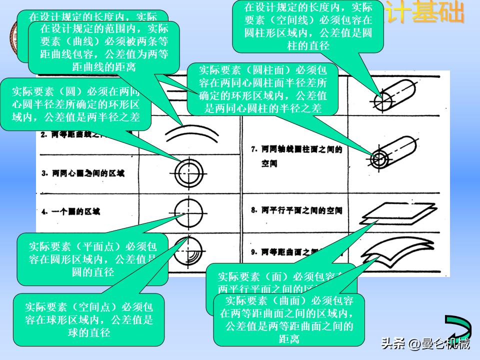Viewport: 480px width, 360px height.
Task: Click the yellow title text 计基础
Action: (x=425, y=14)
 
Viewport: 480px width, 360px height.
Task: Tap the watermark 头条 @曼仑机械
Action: (x=425, y=344)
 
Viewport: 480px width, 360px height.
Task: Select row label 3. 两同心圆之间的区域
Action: (x=82, y=173)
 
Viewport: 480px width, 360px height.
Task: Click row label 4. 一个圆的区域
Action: (x=70, y=211)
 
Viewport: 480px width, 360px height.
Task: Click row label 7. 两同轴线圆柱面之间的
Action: (x=296, y=149)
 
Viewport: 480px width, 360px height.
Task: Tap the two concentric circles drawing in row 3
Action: (x=188, y=173)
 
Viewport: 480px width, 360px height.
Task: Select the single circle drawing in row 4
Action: (x=188, y=211)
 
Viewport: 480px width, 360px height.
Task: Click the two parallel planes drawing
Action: (x=392, y=212)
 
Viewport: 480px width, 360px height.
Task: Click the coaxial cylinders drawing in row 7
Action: (x=395, y=152)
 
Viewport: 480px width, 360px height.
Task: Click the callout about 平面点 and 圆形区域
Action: (x=93, y=259)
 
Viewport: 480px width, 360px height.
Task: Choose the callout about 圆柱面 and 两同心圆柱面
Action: (x=263, y=88)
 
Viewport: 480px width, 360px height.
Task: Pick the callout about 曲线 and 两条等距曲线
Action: (x=104, y=47)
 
